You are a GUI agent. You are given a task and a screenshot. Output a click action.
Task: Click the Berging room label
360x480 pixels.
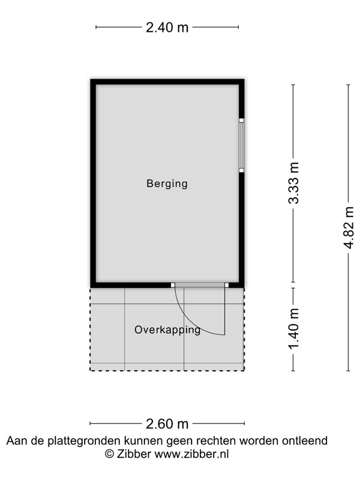point(167,184)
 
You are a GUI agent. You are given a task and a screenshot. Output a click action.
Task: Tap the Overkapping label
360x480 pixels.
point(167,330)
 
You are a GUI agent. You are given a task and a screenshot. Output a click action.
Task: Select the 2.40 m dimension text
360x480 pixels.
point(167,28)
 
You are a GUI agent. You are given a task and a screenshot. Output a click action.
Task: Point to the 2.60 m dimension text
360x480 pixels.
point(167,424)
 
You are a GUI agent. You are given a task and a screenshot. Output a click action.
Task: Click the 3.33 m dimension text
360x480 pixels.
point(293,183)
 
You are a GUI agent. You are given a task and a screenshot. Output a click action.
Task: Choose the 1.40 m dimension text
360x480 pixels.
point(293,329)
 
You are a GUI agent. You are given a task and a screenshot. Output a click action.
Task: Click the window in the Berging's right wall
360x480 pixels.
point(242,145)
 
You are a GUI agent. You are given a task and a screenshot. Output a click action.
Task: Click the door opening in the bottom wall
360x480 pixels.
point(200,285)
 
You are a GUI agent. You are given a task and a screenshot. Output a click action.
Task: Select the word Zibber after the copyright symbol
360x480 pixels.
point(134,454)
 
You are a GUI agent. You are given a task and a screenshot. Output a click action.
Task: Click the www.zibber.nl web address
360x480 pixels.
point(191,454)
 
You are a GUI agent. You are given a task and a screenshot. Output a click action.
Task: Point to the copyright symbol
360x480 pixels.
point(109,454)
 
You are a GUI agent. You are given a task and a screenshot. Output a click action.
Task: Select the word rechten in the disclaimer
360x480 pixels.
point(216,441)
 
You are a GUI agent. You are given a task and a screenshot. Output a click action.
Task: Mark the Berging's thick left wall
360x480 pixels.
point(94,184)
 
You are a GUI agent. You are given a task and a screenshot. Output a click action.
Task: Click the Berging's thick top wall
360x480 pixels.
point(167,82)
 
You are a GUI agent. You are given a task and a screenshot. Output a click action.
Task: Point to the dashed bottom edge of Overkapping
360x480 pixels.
point(167,371)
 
